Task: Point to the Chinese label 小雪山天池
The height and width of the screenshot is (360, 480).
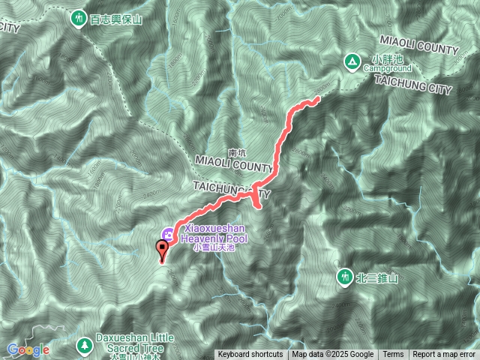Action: point(214,247)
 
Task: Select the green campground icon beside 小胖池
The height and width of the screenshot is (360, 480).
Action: point(351,61)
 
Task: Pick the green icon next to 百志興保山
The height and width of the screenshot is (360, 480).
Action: point(79,18)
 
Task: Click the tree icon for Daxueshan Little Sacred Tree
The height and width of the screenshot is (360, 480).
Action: point(84,345)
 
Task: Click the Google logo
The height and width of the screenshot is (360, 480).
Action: point(28,349)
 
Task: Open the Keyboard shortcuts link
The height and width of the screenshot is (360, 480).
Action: point(250,355)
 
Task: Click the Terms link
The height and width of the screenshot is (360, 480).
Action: point(393,355)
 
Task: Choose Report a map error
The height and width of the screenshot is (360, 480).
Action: point(444,355)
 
